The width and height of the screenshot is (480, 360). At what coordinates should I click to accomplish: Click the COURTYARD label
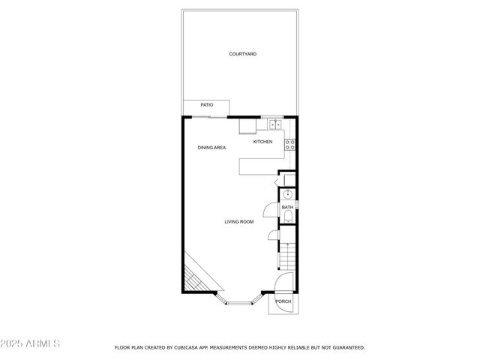243,54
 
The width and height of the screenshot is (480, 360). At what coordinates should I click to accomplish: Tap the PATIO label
206,105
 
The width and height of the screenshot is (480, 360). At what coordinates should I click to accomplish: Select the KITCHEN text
262,142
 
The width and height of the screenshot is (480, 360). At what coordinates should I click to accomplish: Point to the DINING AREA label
211,148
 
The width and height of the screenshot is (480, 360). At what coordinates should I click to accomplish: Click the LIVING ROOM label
239,221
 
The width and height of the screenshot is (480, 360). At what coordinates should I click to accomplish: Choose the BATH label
287,207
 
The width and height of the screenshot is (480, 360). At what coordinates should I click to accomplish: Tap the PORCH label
283,301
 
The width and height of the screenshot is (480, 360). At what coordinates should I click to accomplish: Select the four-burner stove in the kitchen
290,145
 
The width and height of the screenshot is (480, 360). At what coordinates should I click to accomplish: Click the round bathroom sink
286,193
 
